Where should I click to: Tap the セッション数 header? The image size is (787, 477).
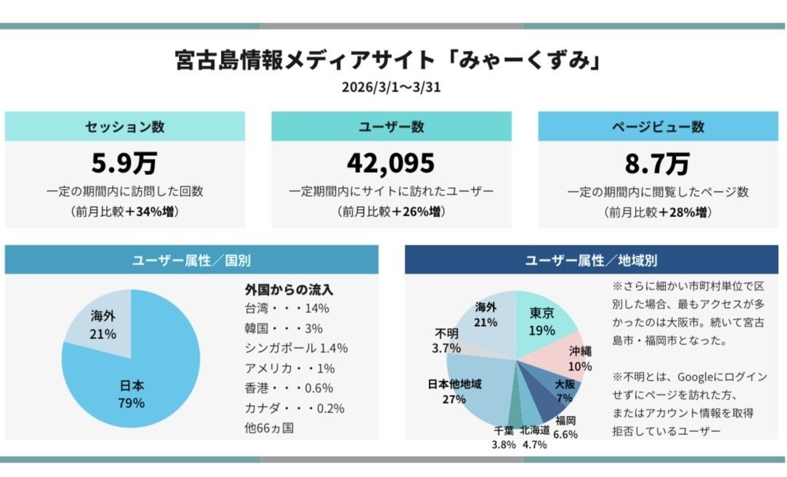click(124, 126)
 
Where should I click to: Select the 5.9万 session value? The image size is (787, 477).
click(124, 163)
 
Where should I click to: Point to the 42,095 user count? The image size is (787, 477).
click(391, 163)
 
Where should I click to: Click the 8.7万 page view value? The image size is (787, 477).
click(657, 163)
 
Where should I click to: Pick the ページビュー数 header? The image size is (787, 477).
click(657, 126)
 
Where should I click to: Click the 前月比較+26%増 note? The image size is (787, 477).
click(391, 213)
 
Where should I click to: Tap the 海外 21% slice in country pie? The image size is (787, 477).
click(104, 324)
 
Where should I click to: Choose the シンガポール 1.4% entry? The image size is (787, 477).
click(296, 348)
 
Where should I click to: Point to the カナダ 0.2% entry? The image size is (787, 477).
click(294, 408)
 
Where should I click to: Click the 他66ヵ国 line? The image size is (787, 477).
click(270, 428)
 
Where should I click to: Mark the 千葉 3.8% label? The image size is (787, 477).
click(504, 437)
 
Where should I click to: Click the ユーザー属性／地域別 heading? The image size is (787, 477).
click(591, 260)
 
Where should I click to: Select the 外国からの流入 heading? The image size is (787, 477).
click(289, 290)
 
